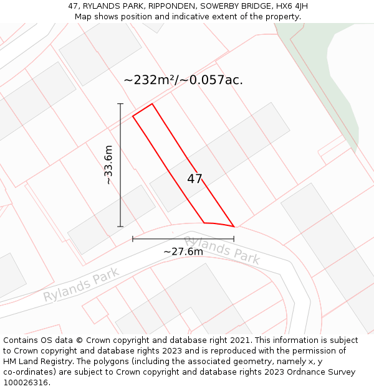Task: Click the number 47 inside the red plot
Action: [x=194, y=179]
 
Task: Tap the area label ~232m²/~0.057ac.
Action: [x=183, y=80]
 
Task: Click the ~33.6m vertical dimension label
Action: [x=108, y=165]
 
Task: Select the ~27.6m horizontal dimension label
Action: [x=183, y=251]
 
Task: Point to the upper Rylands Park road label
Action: [x=221, y=250]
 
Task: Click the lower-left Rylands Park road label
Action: [x=81, y=285]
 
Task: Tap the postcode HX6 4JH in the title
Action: [x=291, y=6]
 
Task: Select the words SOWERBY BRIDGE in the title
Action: [x=231, y=6]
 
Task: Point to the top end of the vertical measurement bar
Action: [x=120, y=104]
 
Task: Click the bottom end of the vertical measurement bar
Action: [x=120, y=227]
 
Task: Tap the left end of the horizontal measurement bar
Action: [x=133, y=238]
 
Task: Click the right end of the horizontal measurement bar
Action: [x=234, y=238]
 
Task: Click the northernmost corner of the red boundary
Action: [x=151, y=103]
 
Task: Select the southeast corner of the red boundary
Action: [x=234, y=227]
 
